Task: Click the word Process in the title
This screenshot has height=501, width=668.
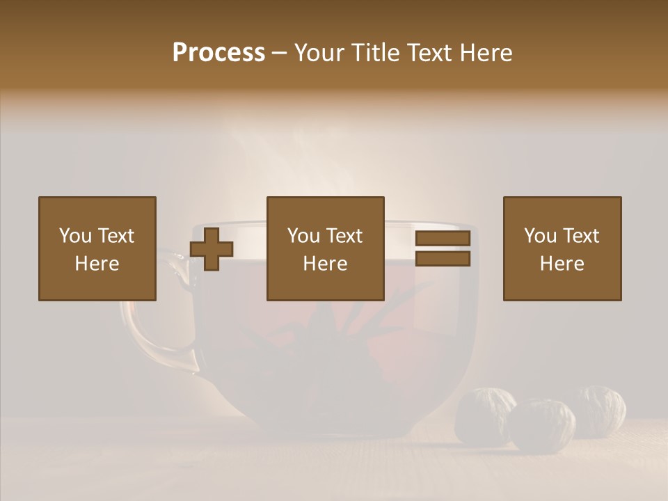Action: (x=218, y=52)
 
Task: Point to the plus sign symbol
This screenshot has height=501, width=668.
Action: (x=212, y=249)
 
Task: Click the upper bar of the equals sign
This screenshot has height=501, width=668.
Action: (x=443, y=239)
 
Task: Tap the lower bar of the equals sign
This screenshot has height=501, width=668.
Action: (x=443, y=259)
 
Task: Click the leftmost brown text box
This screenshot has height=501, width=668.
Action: (x=97, y=248)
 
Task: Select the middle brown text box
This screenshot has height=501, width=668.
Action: (x=325, y=248)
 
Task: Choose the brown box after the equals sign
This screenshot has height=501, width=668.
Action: (x=562, y=248)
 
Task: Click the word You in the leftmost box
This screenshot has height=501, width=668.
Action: (x=75, y=236)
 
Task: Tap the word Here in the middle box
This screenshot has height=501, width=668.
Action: (x=325, y=264)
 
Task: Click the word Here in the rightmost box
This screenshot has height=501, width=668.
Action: (x=562, y=264)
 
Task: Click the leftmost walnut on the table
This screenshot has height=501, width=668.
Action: (x=484, y=415)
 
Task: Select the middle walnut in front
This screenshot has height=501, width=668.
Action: (x=542, y=425)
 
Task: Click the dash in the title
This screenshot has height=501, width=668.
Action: (x=280, y=53)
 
